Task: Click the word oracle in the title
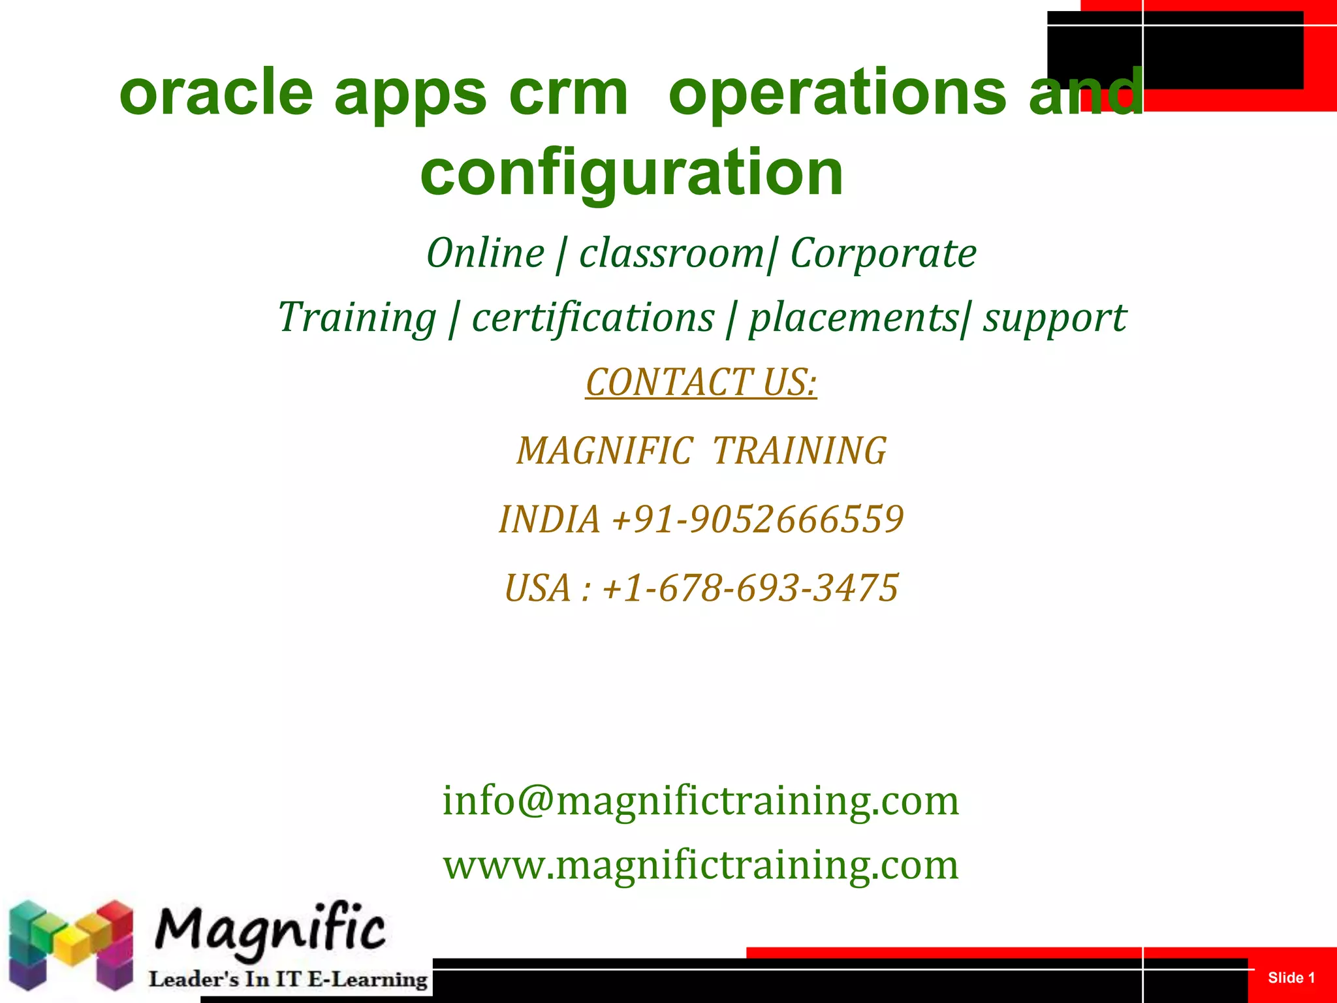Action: tap(216, 93)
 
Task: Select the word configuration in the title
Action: tap(631, 172)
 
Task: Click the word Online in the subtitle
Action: tap(485, 253)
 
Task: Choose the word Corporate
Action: tap(883, 253)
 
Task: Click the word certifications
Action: tap(593, 318)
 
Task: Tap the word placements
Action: tap(854, 318)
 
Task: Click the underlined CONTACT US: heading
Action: tap(700, 382)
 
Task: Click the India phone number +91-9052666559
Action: tap(757, 520)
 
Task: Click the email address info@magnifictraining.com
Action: tap(700, 801)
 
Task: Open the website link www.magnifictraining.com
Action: tap(700, 865)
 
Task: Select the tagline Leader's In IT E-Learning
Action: tap(288, 979)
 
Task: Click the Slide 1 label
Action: tap(1291, 978)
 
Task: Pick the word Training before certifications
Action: tap(357, 318)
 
